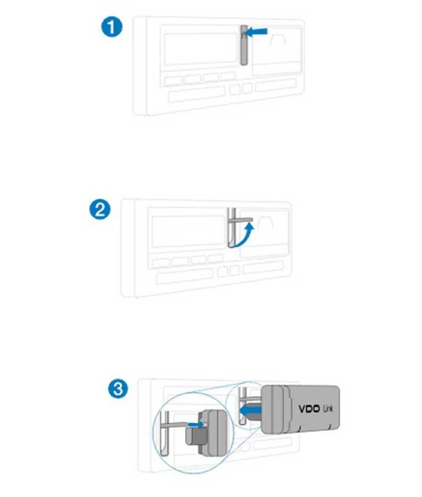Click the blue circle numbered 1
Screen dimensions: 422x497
tap(112, 27)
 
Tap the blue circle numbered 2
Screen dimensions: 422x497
tap(100, 210)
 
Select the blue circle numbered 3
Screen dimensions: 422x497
tap(118, 388)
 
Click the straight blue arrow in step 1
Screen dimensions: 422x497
tap(257, 32)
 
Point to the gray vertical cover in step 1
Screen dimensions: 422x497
tap(244, 45)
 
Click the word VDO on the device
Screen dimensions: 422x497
tap(309, 408)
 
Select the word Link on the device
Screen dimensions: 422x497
tap(328, 409)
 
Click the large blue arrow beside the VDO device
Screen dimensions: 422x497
tap(250, 411)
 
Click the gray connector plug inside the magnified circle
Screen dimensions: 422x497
tap(206, 435)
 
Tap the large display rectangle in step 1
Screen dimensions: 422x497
tap(201, 48)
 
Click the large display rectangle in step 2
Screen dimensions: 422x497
tap(188, 231)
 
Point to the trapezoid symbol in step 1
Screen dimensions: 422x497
tap(278, 40)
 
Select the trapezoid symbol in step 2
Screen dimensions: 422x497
tap(265, 222)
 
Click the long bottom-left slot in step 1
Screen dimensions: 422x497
tap(197, 94)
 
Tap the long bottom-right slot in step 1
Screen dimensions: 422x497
tap(276, 85)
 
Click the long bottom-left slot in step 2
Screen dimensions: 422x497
tap(184, 276)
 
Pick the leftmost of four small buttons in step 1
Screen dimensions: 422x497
tap(173, 80)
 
